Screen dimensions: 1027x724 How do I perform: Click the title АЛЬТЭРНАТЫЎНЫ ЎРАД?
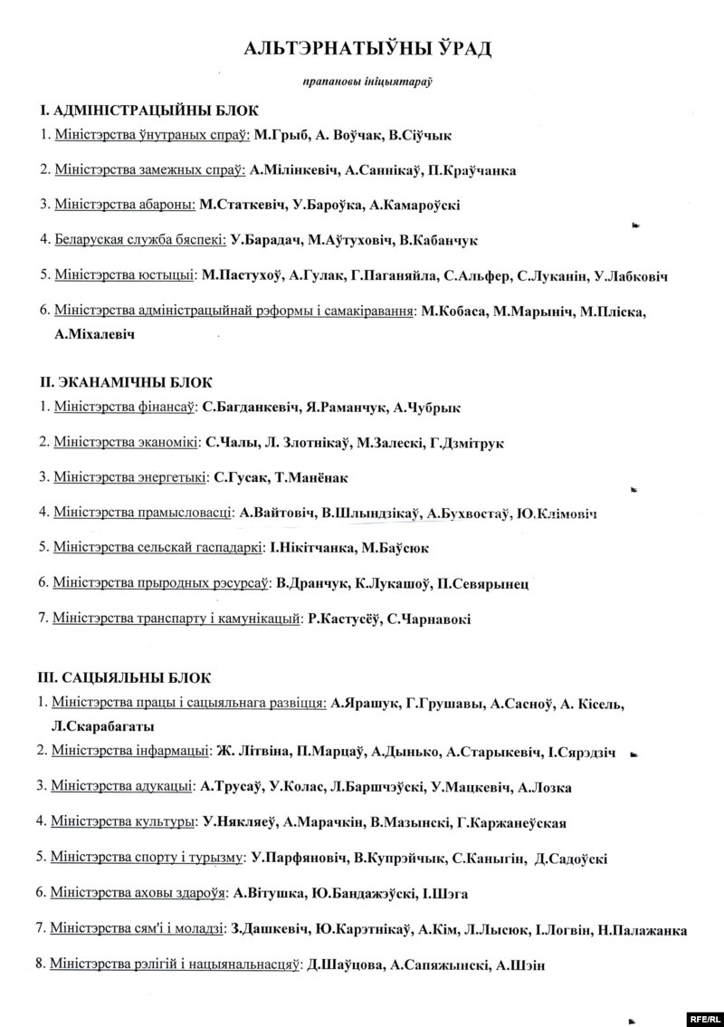click(x=367, y=49)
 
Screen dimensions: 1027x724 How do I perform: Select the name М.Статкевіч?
click(x=243, y=205)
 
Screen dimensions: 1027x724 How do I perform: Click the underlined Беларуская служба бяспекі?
click(x=140, y=240)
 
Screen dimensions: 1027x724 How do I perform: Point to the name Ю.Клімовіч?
click(x=557, y=513)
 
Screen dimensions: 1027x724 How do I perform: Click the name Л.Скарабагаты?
click(x=103, y=726)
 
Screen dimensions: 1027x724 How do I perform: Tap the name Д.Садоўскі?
click(x=571, y=858)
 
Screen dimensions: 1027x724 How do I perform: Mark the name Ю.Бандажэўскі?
click(x=362, y=894)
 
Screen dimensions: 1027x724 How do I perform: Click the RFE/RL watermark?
click(x=702, y=1017)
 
